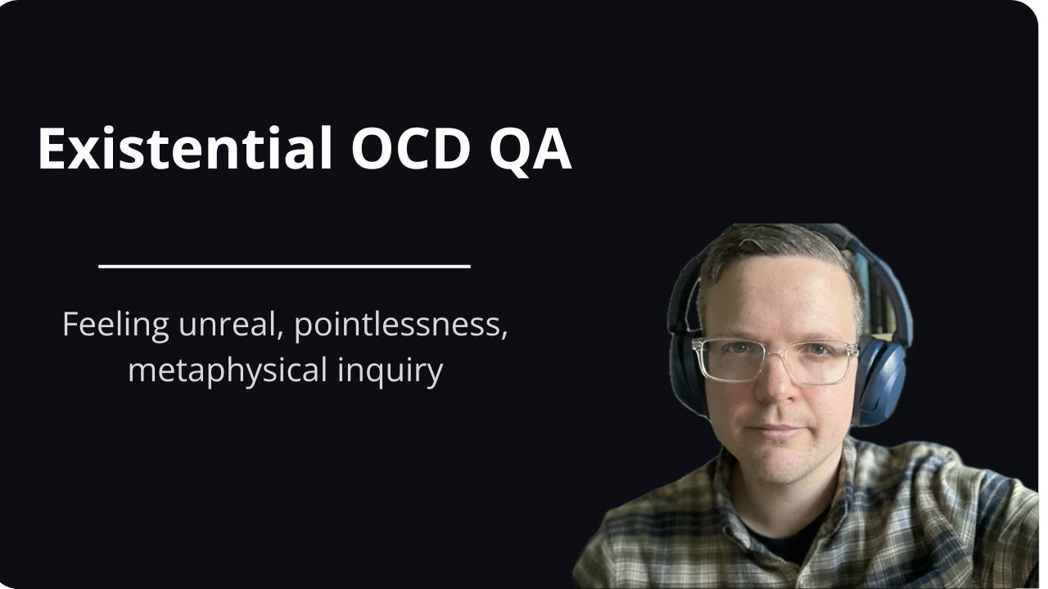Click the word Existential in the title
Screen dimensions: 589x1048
click(185, 149)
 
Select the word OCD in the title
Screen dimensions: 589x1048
click(409, 149)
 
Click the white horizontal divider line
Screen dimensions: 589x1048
click(284, 265)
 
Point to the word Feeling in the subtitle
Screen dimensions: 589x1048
click(115, 326)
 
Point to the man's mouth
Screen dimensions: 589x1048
click(774, 430)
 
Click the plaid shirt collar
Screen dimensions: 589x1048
click(843, 483)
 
